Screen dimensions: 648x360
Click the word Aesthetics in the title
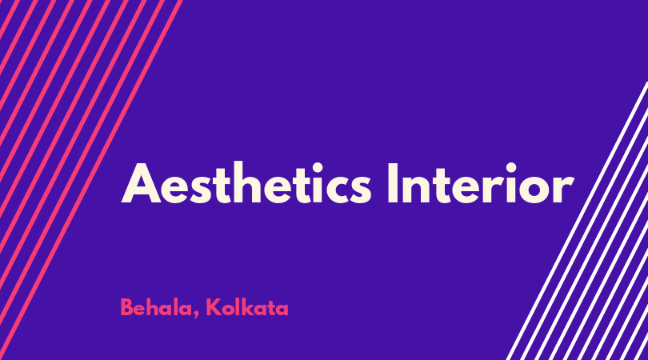(x=246, y=183)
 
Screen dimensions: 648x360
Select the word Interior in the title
(x=481, y=183)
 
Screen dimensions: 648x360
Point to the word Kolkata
(x=247, y=308)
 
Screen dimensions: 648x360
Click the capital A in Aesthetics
(x=141, y=183)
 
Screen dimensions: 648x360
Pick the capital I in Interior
(x=393, y=183)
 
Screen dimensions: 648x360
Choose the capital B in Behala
(x=127, y=307)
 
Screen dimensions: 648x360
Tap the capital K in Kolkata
(x=214, y=307)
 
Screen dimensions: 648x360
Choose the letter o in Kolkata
(x=228, y=310)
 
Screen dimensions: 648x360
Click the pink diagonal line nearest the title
(x=91, y=180)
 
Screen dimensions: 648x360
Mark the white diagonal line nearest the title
(x=577, y=221)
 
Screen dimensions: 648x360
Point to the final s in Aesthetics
(x=359, y=190)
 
